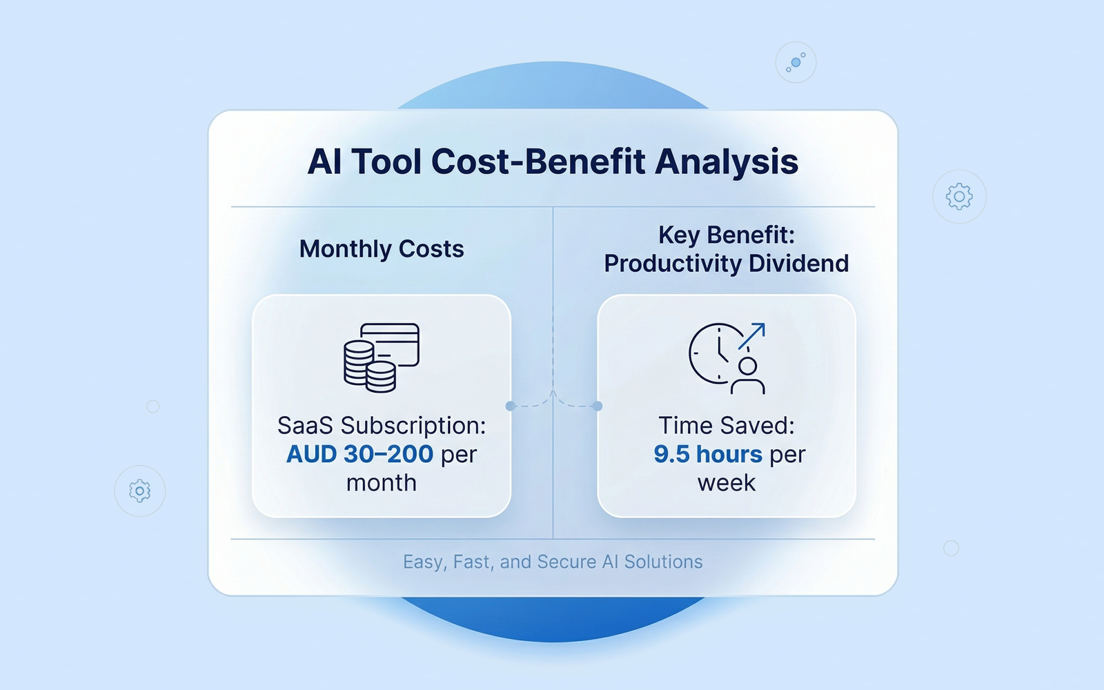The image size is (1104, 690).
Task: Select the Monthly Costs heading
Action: coord(382,249)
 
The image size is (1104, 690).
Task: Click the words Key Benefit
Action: coord(727,235)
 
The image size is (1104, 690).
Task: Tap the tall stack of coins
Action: coord(359,363)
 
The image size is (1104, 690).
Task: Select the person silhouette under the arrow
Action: coord(748,375)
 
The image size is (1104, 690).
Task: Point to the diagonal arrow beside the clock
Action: coord(752,335)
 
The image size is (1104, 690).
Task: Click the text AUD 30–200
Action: coord(359,455)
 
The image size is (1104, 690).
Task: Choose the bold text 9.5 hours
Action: coord(708,455)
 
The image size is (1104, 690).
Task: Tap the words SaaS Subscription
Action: coord(382,426)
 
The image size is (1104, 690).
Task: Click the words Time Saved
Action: coord(727,426)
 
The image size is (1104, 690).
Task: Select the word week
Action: coord(727,483)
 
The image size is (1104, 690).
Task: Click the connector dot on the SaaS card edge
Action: coord(511,406)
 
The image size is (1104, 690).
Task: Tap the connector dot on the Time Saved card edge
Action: coord(598,406)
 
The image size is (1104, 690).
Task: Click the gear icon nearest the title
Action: coord(959,197)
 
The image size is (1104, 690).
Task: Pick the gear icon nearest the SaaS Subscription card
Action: coord(140,491)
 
